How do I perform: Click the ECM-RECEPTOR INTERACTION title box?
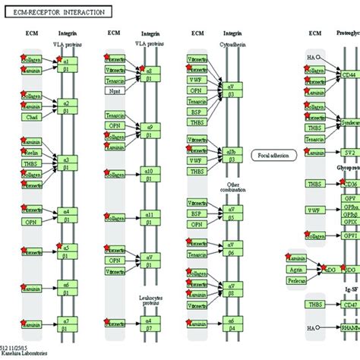tap(57, 11)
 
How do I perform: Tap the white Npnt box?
tap(115, 91)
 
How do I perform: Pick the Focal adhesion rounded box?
tap(271, 153)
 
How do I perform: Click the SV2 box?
tap(349, 153)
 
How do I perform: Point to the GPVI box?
tap(349, 236)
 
